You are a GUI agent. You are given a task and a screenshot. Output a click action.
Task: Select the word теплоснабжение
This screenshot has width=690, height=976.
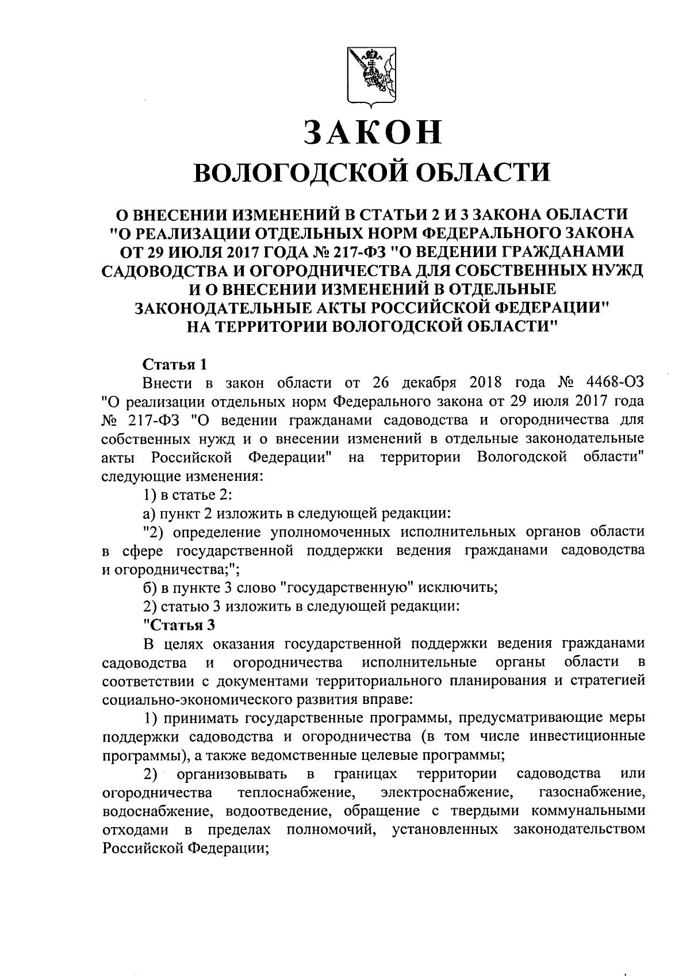click(x=296, y=794)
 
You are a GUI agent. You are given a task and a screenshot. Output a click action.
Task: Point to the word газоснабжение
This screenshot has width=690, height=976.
click(x=592, y=794)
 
